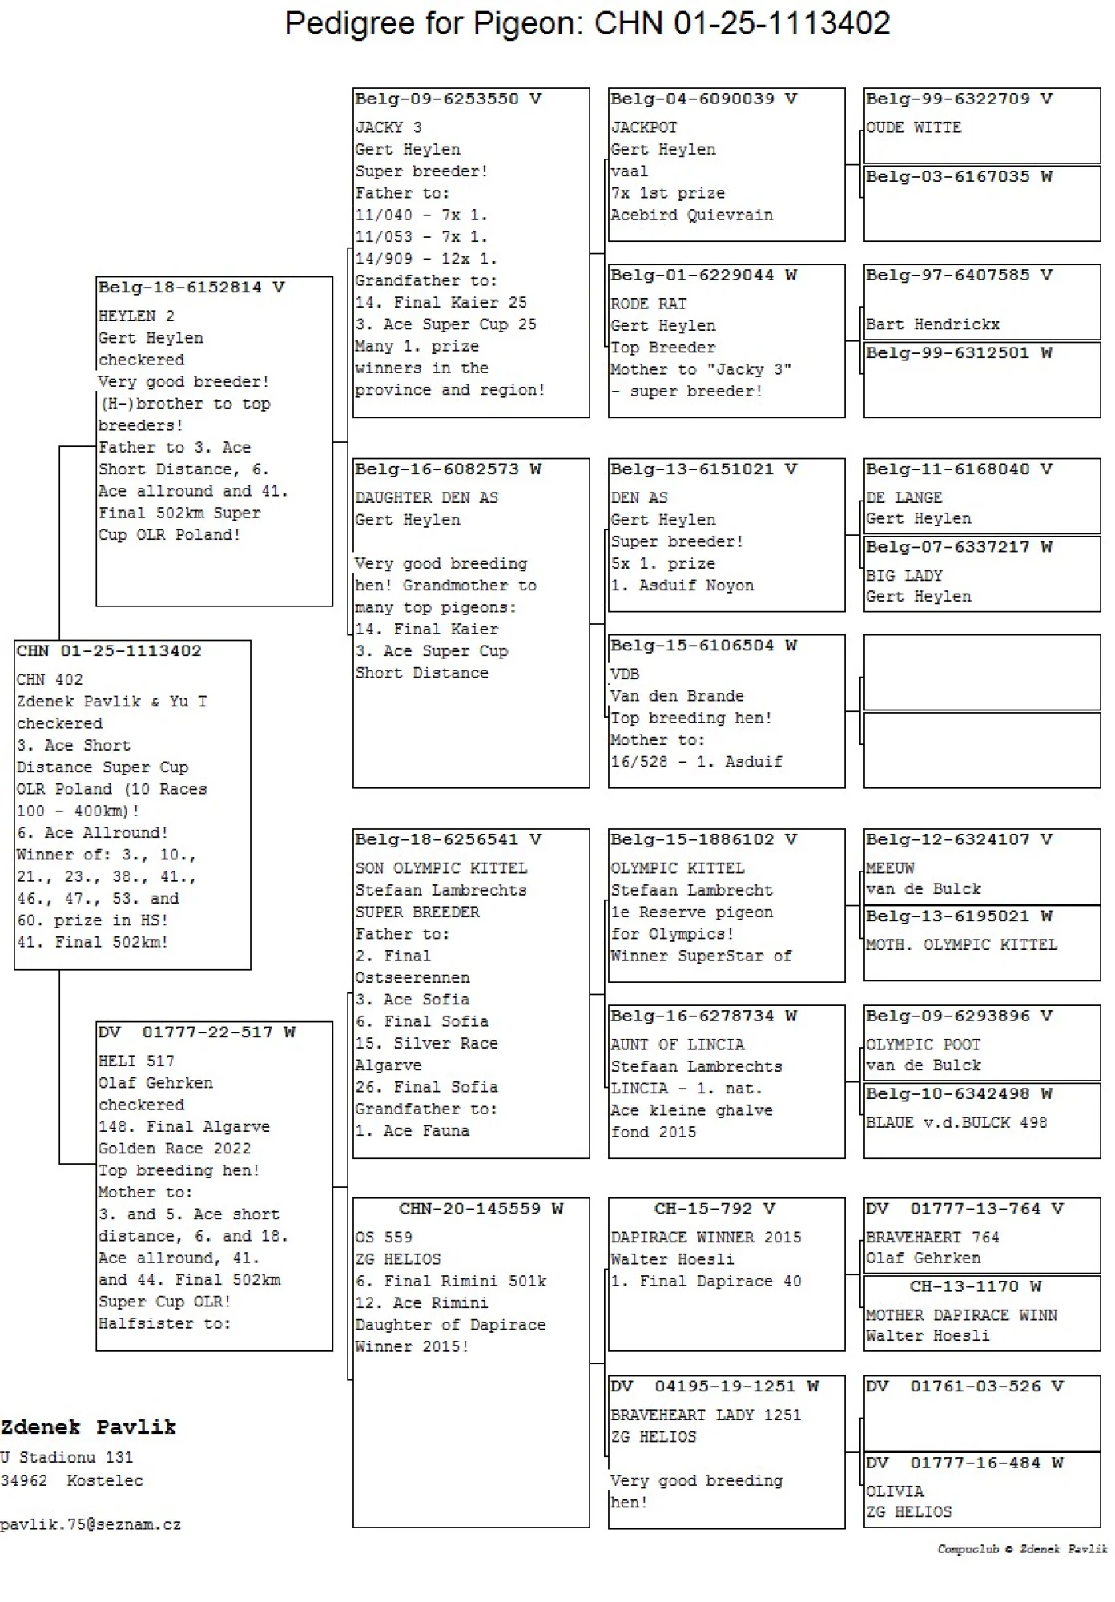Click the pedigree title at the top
point(587,24)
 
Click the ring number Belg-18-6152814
point(179,288)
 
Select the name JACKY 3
point(388,127)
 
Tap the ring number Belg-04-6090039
point(692,99)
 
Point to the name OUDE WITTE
point(913,127)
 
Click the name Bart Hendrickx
point(932,324)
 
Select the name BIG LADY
point(904,575)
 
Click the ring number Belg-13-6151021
point(692,469)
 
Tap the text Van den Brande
point(677,696)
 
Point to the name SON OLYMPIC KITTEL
point(441,868)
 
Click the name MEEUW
point(889,868)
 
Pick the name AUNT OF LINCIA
point(677,1045)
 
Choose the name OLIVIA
point(895,1491)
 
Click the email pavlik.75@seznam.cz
point(91,1524)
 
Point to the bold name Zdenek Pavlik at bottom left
point(88,1427)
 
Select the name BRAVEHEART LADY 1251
point(706,1415)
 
